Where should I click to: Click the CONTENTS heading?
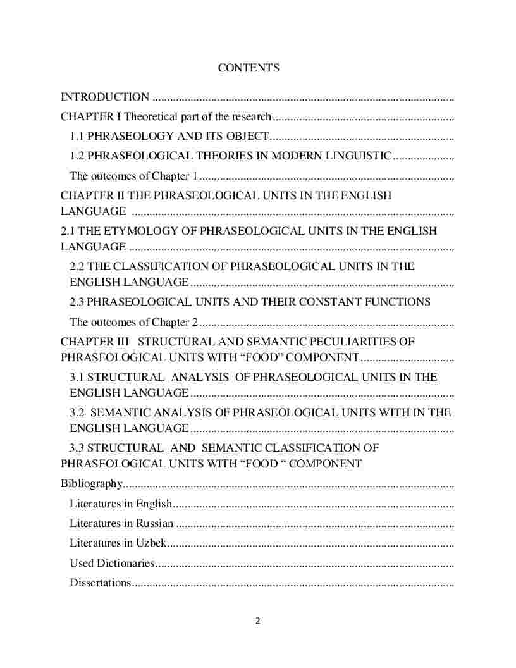249,68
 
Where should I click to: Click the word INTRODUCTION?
105,97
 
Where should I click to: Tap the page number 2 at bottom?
257,621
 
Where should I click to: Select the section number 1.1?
77,136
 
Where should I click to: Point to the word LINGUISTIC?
354,156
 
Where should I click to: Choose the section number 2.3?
77,302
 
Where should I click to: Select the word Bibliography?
91,484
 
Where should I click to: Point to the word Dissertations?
100,583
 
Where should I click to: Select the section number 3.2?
77,412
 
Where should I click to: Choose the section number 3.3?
77,448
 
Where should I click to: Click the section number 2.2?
77,266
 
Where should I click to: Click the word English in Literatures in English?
154,504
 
